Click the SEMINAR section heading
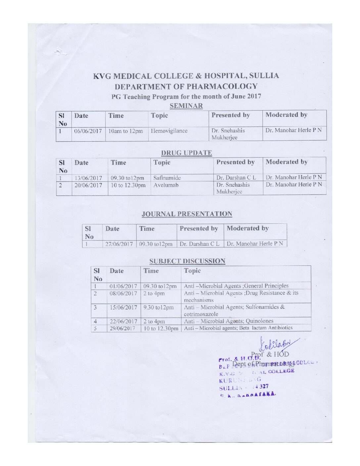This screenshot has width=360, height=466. [x=186, y=106]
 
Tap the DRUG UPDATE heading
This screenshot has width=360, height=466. [x=187, y=153]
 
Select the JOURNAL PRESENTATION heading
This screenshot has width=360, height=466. [x=187, y=214]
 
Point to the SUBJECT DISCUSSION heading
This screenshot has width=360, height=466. [x=187, y=261]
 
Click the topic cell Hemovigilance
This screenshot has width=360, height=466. [x=169, y=131]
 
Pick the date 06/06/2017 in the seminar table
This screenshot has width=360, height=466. [x=88, y=131]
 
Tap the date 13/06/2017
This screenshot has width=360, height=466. [x=88, y=178]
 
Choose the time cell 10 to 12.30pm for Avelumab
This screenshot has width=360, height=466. [x=128, y=185]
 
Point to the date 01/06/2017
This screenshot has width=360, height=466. [x=123, y=286]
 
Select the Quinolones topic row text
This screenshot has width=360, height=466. [x=229, y=321]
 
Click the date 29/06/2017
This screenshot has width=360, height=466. [x=123, y=328]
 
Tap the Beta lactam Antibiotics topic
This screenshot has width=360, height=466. [x=238, y=328]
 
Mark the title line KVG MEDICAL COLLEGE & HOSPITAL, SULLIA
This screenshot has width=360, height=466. [x=186, y=76]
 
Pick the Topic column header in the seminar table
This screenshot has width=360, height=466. [x=159, y=116]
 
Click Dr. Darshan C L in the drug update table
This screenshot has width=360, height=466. [x=236, y=178]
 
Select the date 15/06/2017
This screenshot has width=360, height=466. [x=123, y=307]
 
